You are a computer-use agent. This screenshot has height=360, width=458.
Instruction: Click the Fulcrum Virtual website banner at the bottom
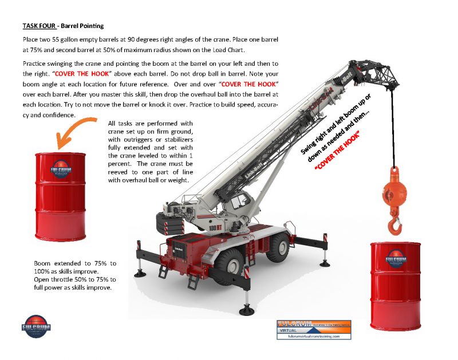point(314,330)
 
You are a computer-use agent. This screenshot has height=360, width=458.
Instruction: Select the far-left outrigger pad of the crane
point(140,272)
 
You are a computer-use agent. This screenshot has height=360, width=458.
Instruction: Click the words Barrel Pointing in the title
point(85,26)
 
